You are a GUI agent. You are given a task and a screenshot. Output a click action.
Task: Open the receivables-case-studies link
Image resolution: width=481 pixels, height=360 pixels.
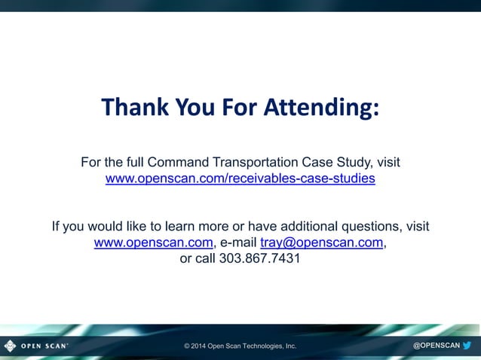click(240, 179)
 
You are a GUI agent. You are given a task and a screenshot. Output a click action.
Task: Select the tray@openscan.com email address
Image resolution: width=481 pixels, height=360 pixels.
click(322, 243)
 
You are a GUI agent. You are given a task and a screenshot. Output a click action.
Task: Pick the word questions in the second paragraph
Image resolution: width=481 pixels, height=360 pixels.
click(368, 226)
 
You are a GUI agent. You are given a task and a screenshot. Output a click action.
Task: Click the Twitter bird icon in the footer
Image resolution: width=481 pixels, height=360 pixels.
click(467, 346)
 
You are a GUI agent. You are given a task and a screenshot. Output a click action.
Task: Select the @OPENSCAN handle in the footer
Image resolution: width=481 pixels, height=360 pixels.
click(436, 346)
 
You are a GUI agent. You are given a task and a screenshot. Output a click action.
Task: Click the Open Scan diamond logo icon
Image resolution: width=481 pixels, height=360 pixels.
click(10, 346)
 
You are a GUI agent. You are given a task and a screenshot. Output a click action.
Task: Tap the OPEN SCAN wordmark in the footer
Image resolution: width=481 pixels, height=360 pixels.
click(44, 346)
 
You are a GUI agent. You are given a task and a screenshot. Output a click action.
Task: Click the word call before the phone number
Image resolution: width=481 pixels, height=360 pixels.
click(204, 258)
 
